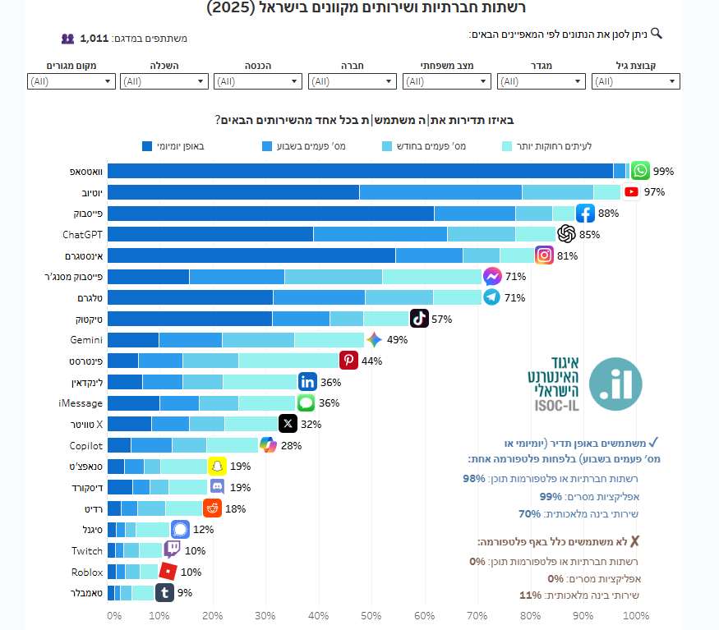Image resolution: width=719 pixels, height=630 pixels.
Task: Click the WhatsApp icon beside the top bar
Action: point(641,171)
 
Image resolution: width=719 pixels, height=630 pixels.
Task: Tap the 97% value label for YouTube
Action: point(654,192)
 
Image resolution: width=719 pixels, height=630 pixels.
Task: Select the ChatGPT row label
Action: point(82,235)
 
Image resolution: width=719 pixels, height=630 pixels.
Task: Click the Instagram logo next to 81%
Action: point(544,255)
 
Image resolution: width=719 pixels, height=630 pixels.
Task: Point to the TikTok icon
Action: point(419,319)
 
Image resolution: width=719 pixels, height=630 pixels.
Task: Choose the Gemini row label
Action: point(86,340)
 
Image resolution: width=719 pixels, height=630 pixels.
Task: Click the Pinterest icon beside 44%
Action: point(348,361)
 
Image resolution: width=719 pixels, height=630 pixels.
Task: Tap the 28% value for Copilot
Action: point(291,445)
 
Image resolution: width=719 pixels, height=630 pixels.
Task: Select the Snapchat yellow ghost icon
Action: point(217,467)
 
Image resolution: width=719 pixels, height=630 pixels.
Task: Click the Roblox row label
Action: point(86,573)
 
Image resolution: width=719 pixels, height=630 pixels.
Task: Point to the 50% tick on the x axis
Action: point(371,615)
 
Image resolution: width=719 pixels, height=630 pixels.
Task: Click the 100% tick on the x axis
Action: point(636,615)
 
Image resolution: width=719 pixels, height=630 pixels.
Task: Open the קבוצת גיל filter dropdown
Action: point(636,81)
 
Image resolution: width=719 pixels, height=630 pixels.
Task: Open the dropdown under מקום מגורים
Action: point(71,81)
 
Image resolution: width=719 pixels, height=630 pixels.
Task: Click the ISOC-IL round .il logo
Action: point(615,384)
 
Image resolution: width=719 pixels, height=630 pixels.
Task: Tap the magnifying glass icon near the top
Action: point(656,34)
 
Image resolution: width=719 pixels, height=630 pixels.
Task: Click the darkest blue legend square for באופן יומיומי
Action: point(147,146)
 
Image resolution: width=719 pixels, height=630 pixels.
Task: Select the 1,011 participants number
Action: point(94,38)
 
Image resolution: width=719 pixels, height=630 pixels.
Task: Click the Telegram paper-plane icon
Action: point(491,297)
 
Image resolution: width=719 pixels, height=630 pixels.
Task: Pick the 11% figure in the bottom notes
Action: point(531,596)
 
